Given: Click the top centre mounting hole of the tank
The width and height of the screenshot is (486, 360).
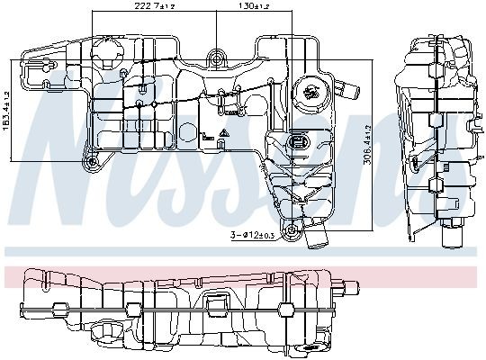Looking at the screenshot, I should (x=216, y=59).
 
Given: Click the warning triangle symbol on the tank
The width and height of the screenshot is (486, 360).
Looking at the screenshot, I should (x=222, y=138).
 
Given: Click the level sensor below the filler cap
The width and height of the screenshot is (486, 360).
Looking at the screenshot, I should (x=298, y=142).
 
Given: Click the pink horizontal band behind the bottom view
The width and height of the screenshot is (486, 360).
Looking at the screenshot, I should (x=243, y=275).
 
